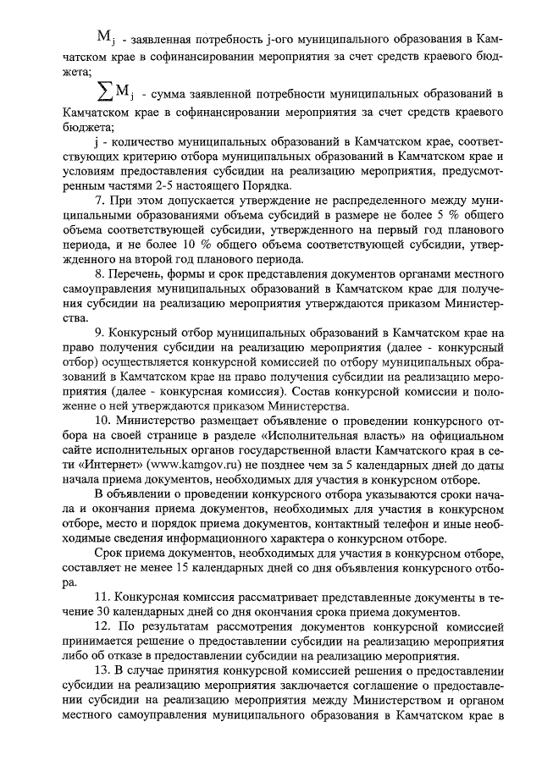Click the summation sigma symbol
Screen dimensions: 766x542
click(x=103, y=91)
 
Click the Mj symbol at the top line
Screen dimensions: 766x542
click(x=106, y=37)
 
